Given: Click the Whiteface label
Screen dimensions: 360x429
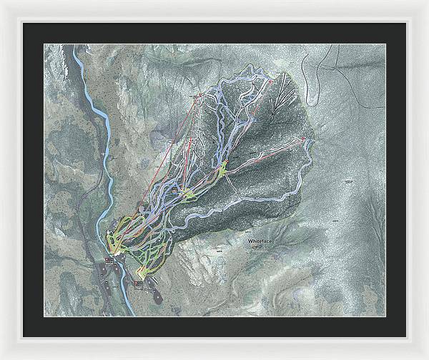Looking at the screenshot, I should [x=260, y=241].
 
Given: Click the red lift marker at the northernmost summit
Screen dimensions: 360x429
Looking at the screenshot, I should [x=271, y=83].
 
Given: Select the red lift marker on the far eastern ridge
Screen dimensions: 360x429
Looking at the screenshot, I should [x=302, y=138].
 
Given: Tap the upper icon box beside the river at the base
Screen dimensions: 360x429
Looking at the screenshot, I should [x=109, y=261].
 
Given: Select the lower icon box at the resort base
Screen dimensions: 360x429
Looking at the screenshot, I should [x=138, y=284].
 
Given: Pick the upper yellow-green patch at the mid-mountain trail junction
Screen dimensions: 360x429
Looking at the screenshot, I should [x=222, y=169].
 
